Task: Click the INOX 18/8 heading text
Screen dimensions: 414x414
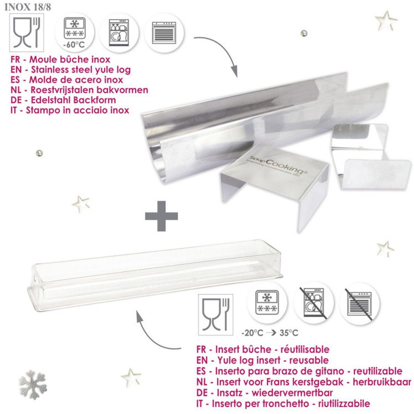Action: (28, 7)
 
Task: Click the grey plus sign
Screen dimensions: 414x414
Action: (161, 216)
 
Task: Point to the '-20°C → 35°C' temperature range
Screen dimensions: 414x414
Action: (270, 333)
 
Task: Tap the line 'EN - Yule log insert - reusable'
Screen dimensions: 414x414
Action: (262, 360)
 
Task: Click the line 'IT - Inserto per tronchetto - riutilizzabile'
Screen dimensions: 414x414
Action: (283, 403)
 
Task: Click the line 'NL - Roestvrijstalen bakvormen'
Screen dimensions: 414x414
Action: (79, 90)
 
